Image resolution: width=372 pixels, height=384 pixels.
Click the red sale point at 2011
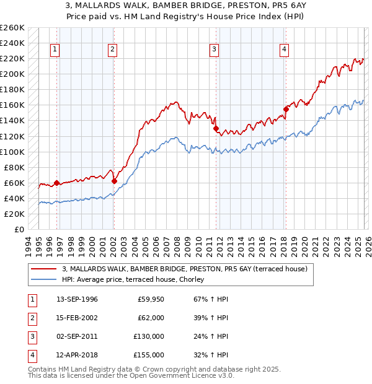(x=216, y=129)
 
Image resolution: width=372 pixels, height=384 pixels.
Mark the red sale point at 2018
(x=286, y=109)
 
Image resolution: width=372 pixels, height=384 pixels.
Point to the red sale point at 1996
(x=56, y=183)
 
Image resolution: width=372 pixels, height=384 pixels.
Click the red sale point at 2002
(x=114, y=181)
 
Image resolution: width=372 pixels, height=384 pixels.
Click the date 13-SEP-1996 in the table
(x=77, y=299)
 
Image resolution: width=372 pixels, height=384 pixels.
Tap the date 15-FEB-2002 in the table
(x=77, y=318)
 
